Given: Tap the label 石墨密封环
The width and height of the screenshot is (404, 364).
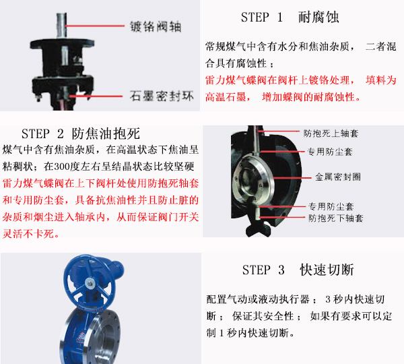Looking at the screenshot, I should pos(162,96).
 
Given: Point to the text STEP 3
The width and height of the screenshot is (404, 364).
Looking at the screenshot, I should pos(263,270).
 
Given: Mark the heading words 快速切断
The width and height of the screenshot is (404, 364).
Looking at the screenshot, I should pos(328,270).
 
